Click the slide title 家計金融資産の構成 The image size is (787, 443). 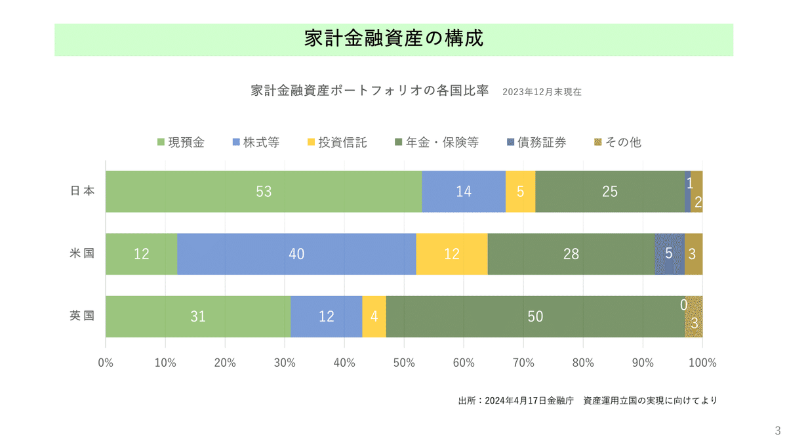[393, 39]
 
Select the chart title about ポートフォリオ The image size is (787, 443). [370, 91]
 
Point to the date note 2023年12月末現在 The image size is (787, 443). [542, 93]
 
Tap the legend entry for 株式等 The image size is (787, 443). [256, 142]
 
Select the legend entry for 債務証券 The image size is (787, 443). [536, 142]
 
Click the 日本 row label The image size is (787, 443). [83, 191]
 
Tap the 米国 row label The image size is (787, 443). [83, 253]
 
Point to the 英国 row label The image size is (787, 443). [83, 316]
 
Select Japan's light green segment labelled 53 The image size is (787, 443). [263, 192]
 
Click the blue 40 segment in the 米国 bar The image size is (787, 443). [296, 254]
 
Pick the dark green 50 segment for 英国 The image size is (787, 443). [535, 316]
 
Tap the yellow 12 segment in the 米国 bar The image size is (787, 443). [452, 254]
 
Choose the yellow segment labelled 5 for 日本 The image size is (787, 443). [520, 192]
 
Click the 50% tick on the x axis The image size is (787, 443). [404, 362]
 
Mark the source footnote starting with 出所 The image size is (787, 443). [587, 400]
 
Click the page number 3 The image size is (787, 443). [778, 431]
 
